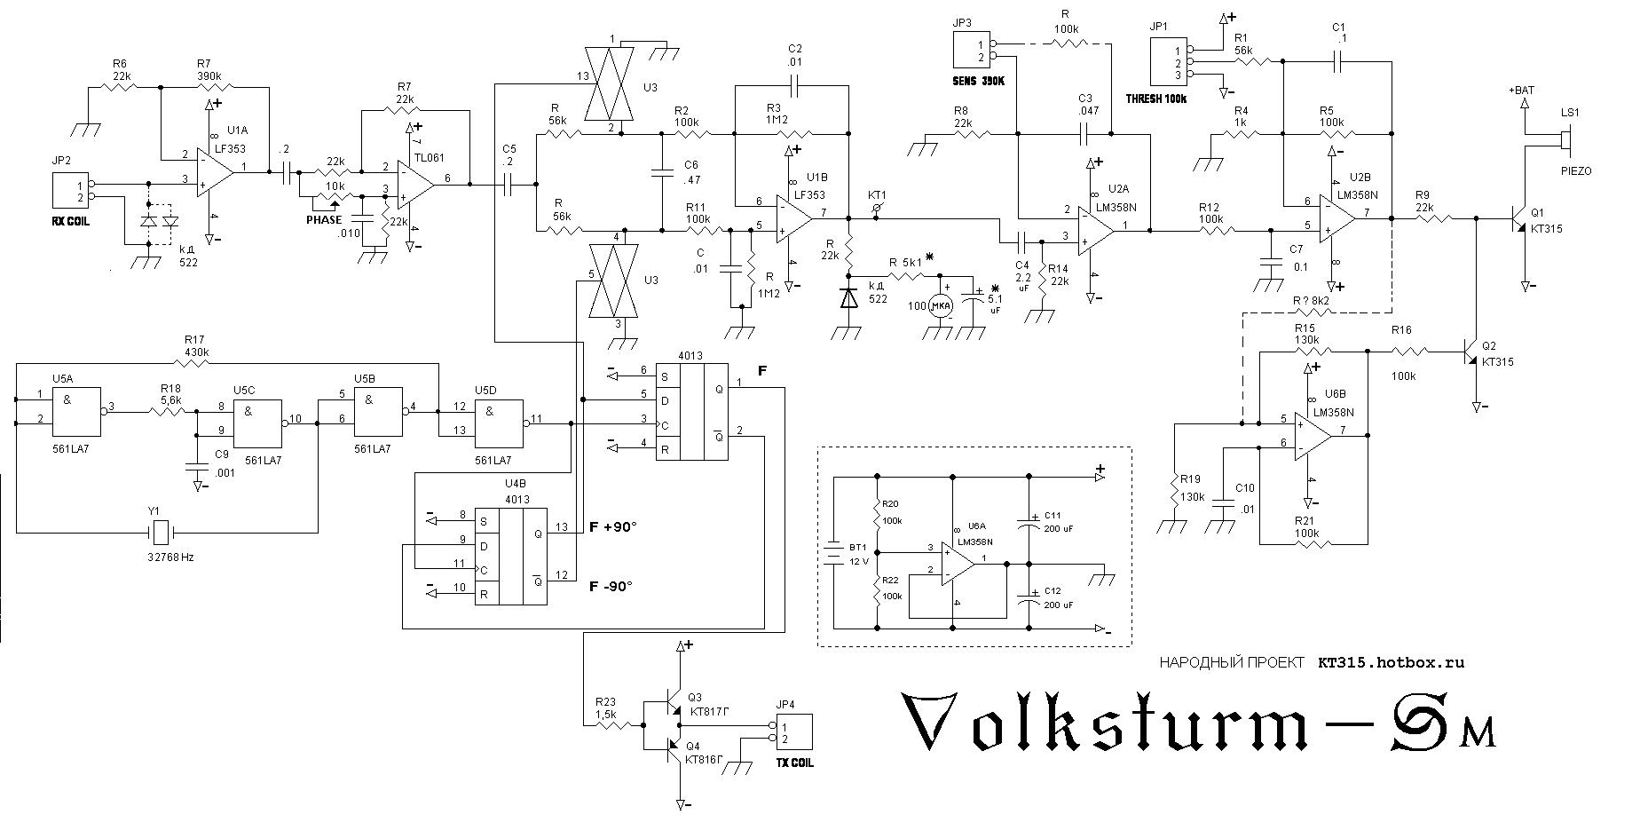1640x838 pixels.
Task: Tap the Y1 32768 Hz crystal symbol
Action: pos(160,533)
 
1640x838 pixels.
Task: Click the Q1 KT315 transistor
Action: pos(1519,217)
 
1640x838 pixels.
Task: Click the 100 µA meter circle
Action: pos(939,307)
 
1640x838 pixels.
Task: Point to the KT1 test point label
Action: pos(877,195)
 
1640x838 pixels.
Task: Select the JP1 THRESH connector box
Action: pos(1167,62)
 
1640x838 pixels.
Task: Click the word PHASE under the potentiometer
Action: pos(324,219)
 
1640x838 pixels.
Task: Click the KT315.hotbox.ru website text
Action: pos(1390,662)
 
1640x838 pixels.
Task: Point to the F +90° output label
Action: pos(613,527)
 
